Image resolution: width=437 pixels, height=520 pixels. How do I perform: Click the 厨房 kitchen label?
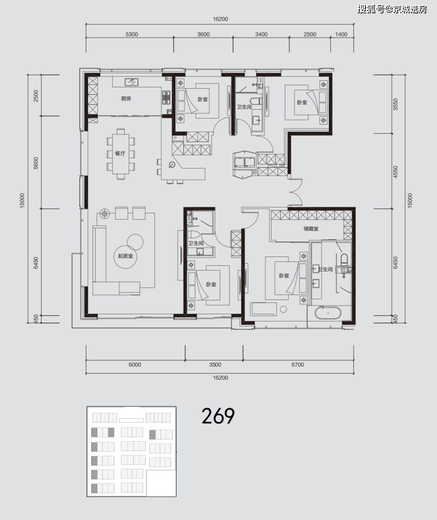click(x=126, y=98)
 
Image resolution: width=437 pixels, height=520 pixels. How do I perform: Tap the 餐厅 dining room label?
click(x=120, y=154)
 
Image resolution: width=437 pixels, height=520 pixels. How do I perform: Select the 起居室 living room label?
click(x=125, y=256)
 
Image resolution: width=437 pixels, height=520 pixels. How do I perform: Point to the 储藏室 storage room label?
click(x=311, y=229)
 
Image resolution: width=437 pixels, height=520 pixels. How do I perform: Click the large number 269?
click(x=218, y=416)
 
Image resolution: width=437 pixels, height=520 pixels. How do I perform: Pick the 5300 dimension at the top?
click(x=132, y=34)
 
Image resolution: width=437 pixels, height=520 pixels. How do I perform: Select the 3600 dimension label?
click(x=204, y=34)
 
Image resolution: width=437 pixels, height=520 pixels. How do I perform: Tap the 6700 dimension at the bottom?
click(x=298, y=365)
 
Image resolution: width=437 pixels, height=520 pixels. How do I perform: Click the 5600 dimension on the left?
click(x=36, y=163)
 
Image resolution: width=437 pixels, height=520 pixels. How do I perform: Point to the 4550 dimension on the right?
click(x=395, y=172)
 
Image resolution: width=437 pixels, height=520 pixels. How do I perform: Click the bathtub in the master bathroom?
click(x=328, y=313)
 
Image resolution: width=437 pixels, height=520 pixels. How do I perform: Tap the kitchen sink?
click(x=132, y=82)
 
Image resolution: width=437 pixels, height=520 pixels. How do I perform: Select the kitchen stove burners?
click(x=166, y=98)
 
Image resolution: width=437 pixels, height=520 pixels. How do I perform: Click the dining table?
click(x=121, y=154)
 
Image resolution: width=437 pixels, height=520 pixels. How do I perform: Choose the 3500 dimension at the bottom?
click(x=215, y=365)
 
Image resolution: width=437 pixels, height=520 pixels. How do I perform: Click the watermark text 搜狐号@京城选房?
click(x=392, y=9)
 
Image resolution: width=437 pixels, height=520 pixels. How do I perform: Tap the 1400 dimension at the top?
click(x=341, y=34)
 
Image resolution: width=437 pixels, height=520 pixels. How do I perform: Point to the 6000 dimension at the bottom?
click(x=135, y=365)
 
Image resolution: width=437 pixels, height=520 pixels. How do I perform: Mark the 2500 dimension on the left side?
click(x=36, y=96)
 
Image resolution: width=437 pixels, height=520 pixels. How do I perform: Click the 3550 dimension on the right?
click(x=395, y=105)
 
